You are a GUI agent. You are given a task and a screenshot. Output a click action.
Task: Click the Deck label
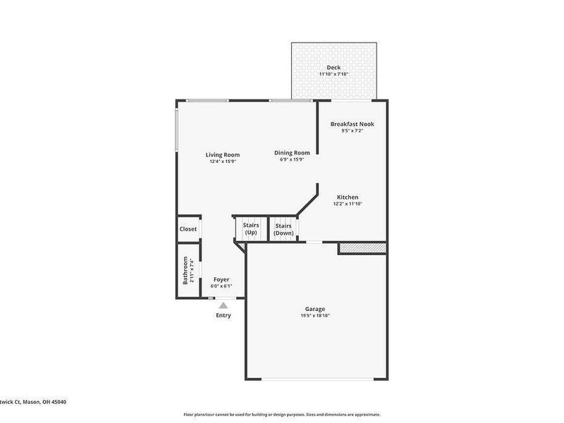click(334, 68)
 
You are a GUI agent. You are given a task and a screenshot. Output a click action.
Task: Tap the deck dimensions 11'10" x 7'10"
click(334, 74)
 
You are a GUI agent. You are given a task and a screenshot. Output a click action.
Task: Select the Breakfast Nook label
click(352, 124)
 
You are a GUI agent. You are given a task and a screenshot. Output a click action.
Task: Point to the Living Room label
click(223, 155)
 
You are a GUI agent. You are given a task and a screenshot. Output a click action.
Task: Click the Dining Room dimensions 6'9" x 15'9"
click(292, 159)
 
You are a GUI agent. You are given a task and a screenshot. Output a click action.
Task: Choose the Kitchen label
click(348, 197)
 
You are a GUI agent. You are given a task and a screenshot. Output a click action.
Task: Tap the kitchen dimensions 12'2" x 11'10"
click(348, 204)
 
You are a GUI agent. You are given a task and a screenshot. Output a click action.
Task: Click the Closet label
click(188, 229)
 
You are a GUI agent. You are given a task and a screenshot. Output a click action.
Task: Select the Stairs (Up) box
click(251, 229)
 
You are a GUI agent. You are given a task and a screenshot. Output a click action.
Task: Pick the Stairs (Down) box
click(283, 229)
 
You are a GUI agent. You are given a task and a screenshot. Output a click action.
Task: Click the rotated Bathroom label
click(186, 270)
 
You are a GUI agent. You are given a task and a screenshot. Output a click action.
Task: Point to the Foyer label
click(221, 280)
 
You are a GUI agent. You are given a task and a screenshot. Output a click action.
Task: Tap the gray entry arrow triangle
click(223, 305)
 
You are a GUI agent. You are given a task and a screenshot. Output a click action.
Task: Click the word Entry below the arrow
click(223, 315)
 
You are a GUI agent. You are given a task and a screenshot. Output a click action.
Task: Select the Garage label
click(314, 309)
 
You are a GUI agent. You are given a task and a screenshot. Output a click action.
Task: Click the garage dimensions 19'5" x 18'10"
click(314, 316)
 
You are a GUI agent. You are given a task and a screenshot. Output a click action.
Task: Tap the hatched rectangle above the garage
click(362, 248)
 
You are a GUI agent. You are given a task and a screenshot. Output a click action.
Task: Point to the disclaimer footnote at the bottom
click(282, 415)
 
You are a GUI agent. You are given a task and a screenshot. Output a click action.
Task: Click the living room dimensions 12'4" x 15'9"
click(223, 161)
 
